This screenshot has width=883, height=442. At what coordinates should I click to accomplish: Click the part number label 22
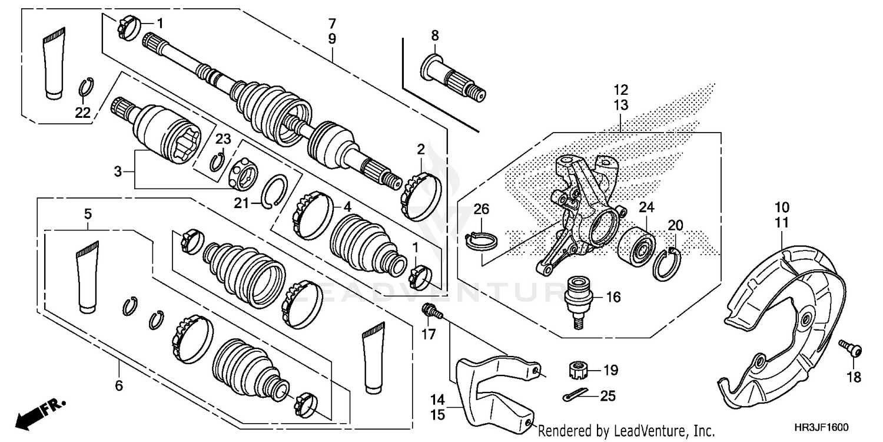(x=83, y=113)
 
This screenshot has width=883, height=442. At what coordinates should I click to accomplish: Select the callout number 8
(x=435, y=35)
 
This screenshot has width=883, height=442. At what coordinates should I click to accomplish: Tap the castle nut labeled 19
(x=579, y=370)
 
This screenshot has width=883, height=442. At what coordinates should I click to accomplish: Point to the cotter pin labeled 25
(x=576, y=395)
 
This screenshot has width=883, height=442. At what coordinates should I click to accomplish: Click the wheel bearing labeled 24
(x=636, y=247)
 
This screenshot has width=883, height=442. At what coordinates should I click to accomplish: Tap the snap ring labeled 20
(x=667, y=265)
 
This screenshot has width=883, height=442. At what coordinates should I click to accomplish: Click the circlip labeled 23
(x=217, y=162)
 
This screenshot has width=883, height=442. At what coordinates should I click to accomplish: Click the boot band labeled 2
(x=421, y=196)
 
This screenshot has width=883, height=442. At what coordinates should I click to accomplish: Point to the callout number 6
(x=119, y=385)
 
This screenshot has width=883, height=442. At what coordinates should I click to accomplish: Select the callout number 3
(x=118, y=171)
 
